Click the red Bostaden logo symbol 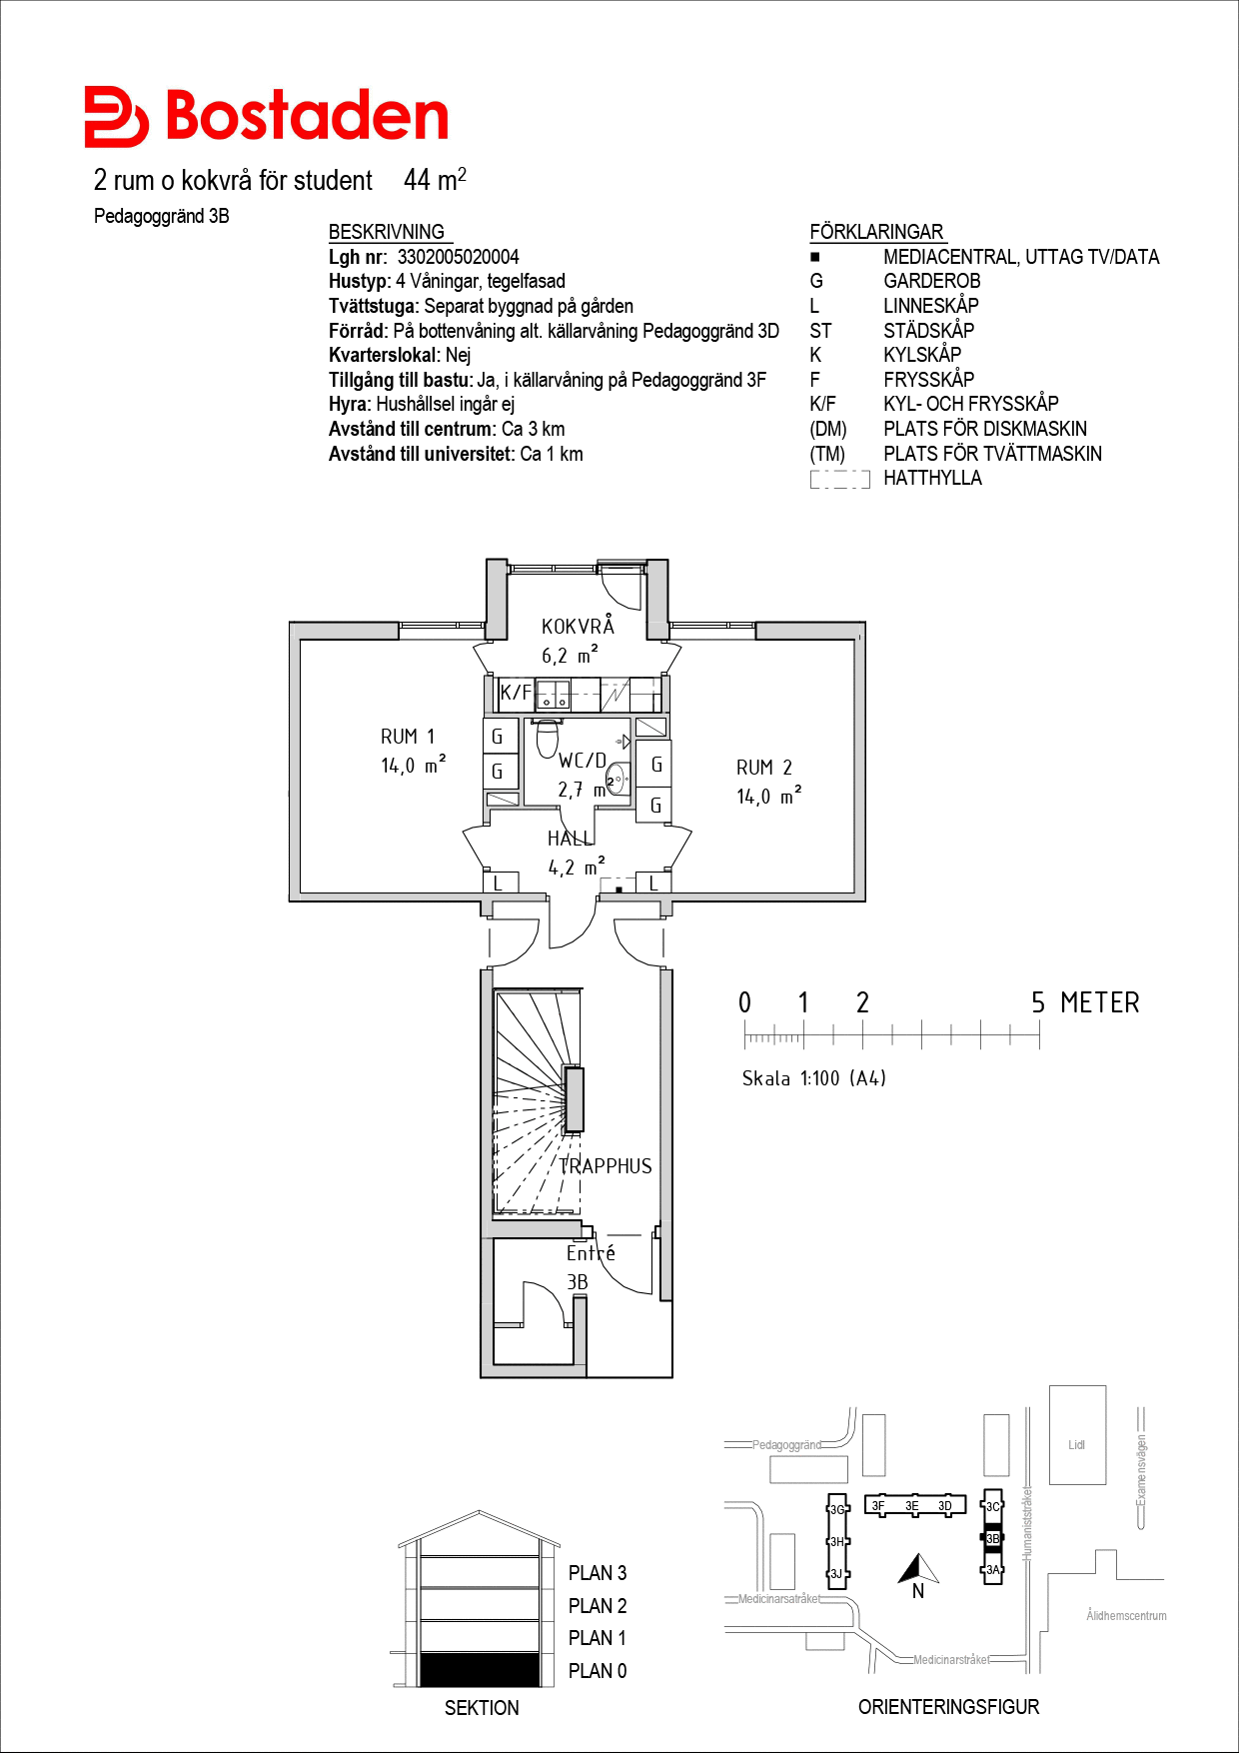(116, 117)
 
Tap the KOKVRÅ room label (578, 626)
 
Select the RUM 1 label (408, 737)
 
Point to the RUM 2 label (764, 768)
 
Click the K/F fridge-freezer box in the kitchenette (516, 693)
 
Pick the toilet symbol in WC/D (547, 739)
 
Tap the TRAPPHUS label (606, 1166)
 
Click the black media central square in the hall (619, 889)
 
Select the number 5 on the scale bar (1038, 1002)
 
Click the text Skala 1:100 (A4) (813, 1078)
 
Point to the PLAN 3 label (598, 1573)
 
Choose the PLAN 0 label (598, 1671)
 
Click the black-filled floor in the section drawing (480, 1670)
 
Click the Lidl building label (1076, 1445)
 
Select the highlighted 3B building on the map (992, 1539)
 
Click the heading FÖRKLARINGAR (876, 232)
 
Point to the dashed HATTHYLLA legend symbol (839, 479)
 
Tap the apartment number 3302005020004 (459, 257)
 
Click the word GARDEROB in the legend (932, 281)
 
